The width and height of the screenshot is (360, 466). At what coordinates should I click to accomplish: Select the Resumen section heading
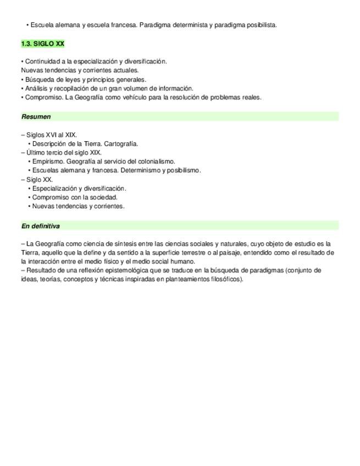[36, 116]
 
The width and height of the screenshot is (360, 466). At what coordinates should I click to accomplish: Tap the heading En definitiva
[41, 226]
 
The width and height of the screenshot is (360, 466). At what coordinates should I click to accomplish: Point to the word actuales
[126, 70]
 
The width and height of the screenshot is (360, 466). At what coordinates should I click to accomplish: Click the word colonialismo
[155, 162]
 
